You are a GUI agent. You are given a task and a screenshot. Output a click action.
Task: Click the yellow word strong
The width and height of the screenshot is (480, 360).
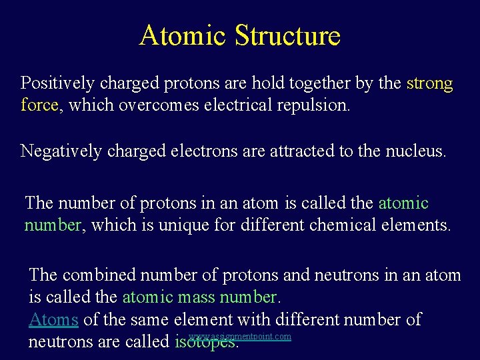click(429, 83)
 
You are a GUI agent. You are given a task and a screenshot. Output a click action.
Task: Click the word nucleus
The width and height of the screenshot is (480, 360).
click(415, 151)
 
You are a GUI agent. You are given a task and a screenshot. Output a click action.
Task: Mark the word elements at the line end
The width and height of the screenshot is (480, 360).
click(415, 225)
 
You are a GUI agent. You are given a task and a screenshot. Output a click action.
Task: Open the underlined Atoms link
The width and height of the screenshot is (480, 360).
click(53, 319)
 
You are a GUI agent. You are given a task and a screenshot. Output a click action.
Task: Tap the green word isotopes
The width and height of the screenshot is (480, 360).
click(206, 343)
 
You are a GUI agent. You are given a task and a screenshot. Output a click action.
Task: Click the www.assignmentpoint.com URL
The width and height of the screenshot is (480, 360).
click(240, 337)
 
